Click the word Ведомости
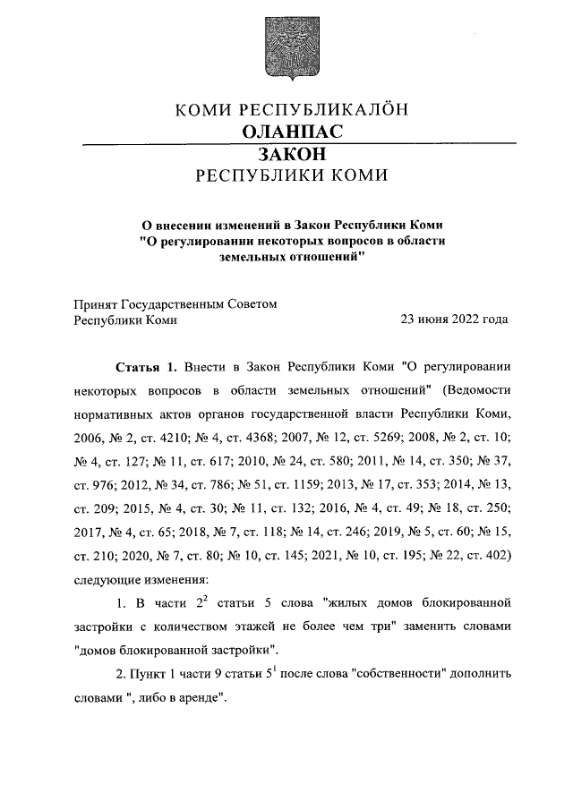(476, 391)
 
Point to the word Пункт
(152, 674)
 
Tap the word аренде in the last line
(200, 698)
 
